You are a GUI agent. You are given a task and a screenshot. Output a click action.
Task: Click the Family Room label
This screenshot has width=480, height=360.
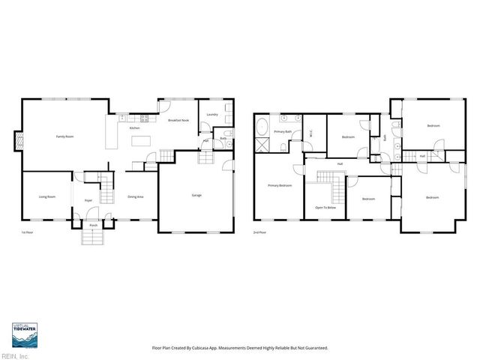[x=64, y=136]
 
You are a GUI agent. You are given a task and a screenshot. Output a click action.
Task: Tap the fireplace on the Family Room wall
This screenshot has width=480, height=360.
[x=19, y=140]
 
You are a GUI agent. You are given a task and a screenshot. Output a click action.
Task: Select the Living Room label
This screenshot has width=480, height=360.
[x=47, y=196]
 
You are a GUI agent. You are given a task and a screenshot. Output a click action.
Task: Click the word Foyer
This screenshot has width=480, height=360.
[x=88, y=200]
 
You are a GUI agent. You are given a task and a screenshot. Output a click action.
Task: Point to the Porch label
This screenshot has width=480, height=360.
[x=94, y=225]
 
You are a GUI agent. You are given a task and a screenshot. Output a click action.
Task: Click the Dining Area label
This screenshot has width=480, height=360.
[x=136, y=196]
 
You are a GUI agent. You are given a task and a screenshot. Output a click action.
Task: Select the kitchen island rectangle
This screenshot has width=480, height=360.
[x=141, y=140]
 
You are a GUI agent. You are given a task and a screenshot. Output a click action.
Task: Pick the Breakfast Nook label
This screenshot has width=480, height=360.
[x=178, y=120]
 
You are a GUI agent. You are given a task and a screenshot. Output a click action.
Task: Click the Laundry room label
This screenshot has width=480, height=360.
[x=212, y=114]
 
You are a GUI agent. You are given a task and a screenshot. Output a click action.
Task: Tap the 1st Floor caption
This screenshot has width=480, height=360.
[x=27, y=232]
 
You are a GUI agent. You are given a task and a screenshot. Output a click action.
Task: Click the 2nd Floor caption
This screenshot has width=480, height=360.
[x=259, y=232]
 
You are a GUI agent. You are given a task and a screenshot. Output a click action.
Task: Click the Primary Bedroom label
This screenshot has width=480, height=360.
[x=280, y=185]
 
